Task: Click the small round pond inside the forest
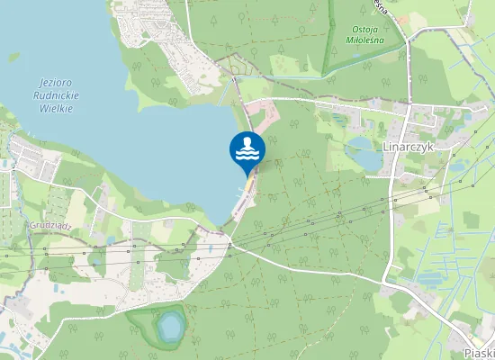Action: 168,326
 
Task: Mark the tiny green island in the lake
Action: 14,58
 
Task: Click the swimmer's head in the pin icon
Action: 247,142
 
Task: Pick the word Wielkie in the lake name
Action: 57,107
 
